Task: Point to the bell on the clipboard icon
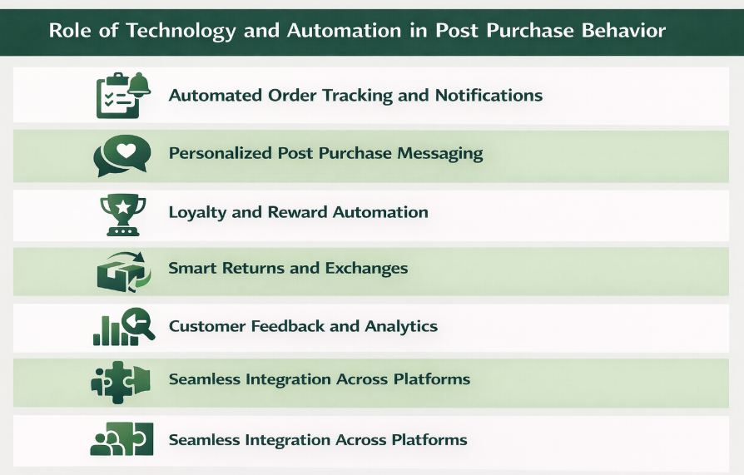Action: coord(138,83)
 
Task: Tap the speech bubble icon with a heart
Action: coord(122,155)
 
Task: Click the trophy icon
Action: coord(122,213)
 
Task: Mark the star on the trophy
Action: coord(122,205)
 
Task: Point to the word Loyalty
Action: coord(197,212)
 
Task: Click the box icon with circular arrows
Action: coord(122,270)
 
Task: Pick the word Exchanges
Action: coord(366,269)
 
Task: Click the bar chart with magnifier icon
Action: coord(122,328)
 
